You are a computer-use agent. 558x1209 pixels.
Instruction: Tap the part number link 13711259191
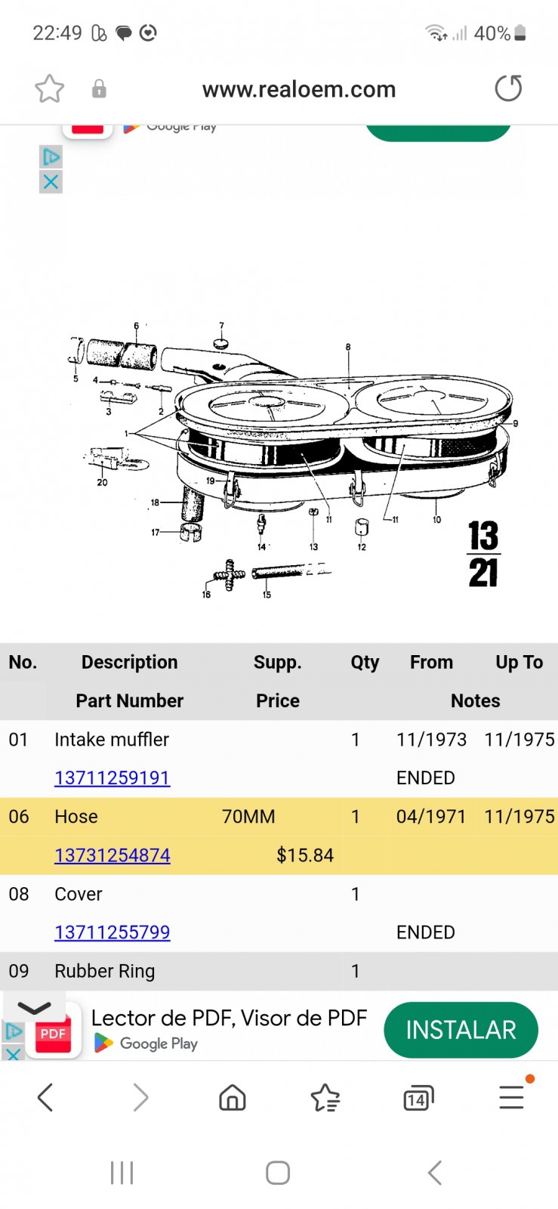click(x=113, y=778)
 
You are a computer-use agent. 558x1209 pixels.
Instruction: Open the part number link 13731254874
click(x=113, y=855)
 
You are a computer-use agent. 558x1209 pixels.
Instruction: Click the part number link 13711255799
click(x=113, y=932)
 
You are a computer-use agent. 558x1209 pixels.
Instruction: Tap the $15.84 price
click(x=304, y=855)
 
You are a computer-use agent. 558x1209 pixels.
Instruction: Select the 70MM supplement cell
click(x=248, y=816)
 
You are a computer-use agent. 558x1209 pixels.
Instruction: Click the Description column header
click(x=129, y=662)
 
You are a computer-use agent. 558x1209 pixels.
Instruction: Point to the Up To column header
click(x=519, y=662)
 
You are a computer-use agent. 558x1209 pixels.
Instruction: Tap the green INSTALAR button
click(x=461, y=1030)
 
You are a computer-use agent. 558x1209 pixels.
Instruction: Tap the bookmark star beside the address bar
click(x=50, y=88)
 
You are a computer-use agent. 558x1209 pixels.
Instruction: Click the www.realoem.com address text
click(x=299, y=89)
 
